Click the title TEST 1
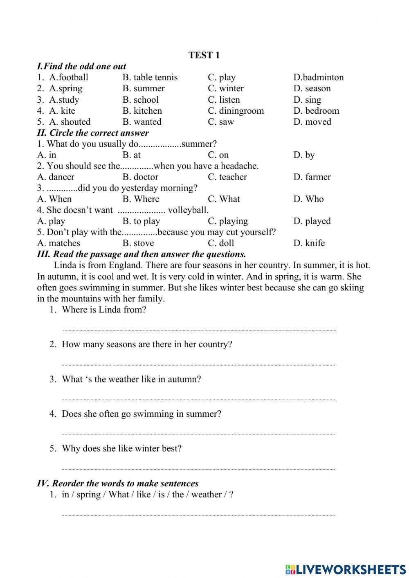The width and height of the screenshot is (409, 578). tap(204, 55)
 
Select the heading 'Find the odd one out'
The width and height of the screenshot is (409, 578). tap(81, 66)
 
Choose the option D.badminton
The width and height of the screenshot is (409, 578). tap(318, 77)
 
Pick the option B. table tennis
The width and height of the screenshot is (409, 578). tap(150, 77)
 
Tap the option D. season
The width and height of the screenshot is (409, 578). tap(312, 88)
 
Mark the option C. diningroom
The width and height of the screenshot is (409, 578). tap(236, 110)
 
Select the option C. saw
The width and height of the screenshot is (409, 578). tap(221, 121)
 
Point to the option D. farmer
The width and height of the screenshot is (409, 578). tap(312, 177)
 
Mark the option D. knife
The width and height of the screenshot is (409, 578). tap(309, 243)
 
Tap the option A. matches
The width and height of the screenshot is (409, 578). tap(58, 243)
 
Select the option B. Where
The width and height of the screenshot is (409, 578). tap(141, 199)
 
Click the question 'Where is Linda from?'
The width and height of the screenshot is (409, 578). tap(103, 310)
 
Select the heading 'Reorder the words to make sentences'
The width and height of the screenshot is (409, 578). tap(117, 483)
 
